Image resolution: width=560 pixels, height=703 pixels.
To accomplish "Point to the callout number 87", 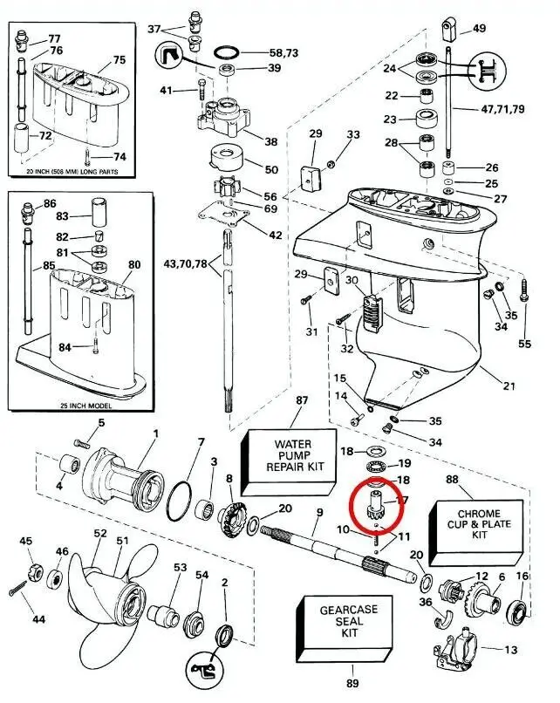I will [303, 400].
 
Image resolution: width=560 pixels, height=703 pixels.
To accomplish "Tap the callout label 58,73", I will [284, 53].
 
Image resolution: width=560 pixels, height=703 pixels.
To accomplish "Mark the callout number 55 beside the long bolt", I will [524, 345].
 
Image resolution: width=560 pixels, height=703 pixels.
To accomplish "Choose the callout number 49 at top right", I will [479, 29].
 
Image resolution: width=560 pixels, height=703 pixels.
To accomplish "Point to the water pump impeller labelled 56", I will [225, 190].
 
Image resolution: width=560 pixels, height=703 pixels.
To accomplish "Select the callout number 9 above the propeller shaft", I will [319, 512].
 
